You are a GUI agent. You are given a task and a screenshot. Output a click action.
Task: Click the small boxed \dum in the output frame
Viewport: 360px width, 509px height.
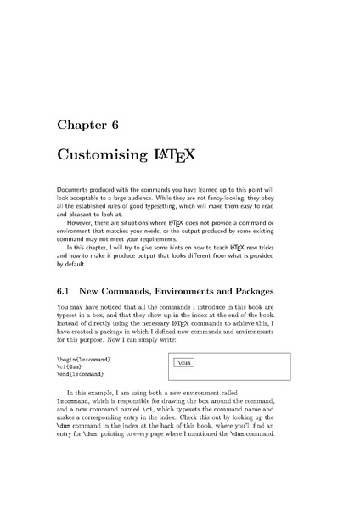pos(183,363)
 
